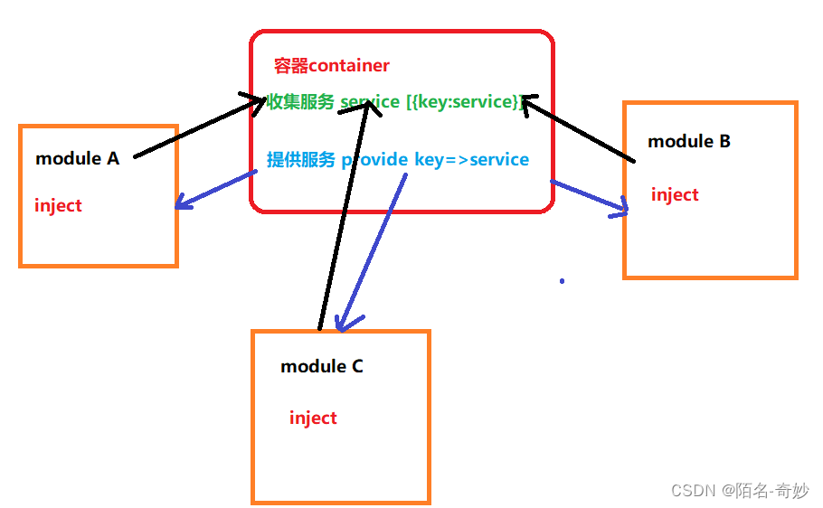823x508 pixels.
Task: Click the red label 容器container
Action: [331, 66]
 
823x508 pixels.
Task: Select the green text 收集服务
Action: [300, 101]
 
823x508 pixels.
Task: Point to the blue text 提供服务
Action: [300, 160]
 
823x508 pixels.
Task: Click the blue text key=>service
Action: [471, 160]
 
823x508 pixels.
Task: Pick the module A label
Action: [77, 159]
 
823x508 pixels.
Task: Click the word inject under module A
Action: [58, 206]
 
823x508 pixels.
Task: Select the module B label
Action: [689, 142]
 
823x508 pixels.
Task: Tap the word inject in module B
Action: [675, 195]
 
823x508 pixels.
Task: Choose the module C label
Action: [322, 367]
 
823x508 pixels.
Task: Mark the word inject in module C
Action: [313, 419]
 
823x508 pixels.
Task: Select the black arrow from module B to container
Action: [579, 130]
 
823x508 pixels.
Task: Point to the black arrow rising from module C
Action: [344, 217]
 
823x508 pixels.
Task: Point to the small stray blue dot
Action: [562, 281]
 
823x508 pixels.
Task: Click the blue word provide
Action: [374, 160]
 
